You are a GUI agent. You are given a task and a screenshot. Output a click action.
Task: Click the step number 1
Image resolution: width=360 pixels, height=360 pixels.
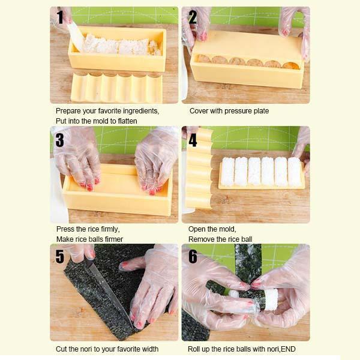click(x=60, y=17)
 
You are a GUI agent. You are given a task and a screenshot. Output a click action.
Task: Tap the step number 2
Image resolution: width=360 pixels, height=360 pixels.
click(x=193, y=17)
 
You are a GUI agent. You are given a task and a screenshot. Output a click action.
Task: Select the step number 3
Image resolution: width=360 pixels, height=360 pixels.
click(x=59, y=140)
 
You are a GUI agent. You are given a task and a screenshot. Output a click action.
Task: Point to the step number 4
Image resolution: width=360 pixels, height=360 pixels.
click(x=193, y=140)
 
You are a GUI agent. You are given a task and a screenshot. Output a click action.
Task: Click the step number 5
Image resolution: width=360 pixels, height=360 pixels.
click(x=59, y=256)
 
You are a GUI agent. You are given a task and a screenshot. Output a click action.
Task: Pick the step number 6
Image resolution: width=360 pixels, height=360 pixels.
click(x=193, y=256)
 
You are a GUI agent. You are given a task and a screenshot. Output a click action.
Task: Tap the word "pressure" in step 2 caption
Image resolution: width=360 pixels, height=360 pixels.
click(x=238, y=111)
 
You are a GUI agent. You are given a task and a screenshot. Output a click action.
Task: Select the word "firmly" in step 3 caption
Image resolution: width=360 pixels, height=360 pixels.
click(x=110, y=229)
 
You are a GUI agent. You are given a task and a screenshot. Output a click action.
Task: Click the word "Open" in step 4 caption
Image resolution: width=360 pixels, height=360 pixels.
click(x=197, y=229)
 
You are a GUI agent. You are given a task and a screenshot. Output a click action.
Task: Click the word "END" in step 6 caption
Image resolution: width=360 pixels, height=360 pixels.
click(x=288, y=349)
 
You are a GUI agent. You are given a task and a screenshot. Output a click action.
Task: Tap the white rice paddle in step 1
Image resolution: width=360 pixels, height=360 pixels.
click(x=76, y=37)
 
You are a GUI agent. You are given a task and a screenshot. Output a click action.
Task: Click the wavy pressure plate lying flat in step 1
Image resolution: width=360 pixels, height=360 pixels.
click(x=116, y=88)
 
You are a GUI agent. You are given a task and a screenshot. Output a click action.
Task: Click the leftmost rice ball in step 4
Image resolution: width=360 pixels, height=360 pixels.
click(x=228, y=171)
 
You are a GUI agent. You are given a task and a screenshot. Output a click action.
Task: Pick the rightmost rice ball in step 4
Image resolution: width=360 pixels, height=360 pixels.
click(x=295, y=172)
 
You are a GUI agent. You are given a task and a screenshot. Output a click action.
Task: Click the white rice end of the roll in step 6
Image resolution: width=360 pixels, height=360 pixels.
click(x=271, y=300)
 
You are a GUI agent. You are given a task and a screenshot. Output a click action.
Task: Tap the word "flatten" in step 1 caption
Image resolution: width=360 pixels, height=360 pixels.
click(x=127, y=121)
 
